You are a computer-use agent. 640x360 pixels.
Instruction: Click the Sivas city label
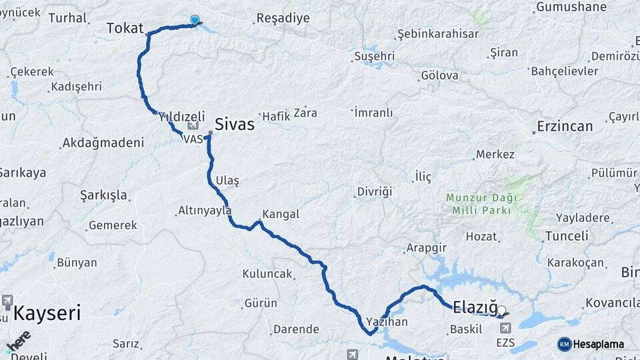click(234, 123)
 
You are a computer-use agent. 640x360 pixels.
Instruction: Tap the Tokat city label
click(125, 28)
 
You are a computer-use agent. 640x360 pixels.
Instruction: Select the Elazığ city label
click(475, 308)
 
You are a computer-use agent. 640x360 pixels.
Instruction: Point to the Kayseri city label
click(47, 313)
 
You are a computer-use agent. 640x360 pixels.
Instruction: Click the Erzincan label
click(565, 127)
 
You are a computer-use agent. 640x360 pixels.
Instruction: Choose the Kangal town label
click(281, 215)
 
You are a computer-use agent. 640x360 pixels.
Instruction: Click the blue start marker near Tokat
click(195, 20)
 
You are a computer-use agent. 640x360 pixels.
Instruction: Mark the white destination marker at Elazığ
click(501, 310)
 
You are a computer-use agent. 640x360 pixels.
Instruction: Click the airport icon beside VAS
click(193, 125)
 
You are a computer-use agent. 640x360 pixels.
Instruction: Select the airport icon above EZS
click(505, 329)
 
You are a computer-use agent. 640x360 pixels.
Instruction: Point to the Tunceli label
click(567, 236)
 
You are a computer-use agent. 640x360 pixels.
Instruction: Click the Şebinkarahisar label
click(438, 33)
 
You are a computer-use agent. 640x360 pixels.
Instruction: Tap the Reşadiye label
click(283, 18)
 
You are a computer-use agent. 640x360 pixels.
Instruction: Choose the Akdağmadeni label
click(103, 143)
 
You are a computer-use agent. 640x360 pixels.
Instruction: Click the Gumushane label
click(571, 7)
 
